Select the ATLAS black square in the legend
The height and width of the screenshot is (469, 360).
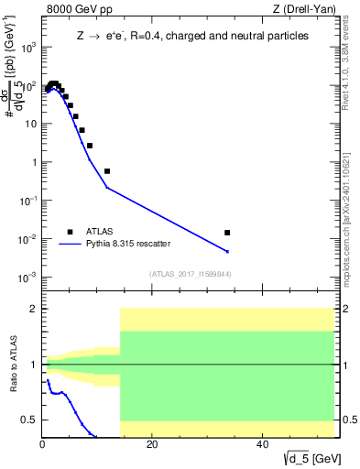[70, 232]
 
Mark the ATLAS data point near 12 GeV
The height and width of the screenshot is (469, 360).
[107, 171]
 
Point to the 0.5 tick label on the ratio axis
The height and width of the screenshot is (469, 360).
[28, 420]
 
